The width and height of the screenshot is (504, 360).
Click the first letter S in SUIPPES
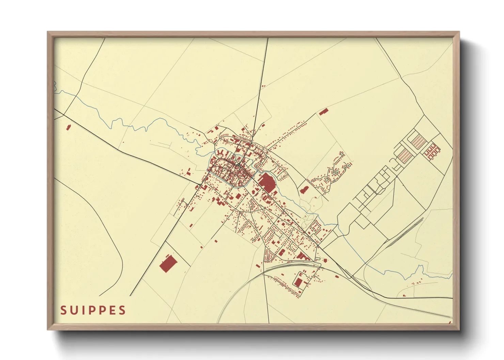63,310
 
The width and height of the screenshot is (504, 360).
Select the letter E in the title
112,310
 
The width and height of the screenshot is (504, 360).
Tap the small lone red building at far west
68,128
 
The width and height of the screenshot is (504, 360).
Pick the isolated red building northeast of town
324,112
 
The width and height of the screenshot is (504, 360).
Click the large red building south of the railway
298,281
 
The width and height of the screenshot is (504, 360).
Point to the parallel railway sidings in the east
405,231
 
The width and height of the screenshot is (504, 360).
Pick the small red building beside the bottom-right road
404,295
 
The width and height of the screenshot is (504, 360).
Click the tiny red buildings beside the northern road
263,86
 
